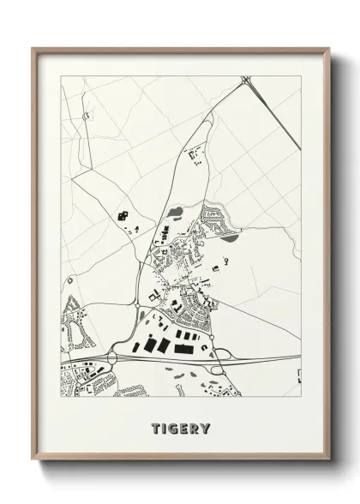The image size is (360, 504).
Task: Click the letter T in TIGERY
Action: point(155,426)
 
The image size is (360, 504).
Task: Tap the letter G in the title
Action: point(175,426)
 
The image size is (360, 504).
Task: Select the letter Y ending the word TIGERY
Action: point(207,426)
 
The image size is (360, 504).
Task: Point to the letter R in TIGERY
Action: point(195,426)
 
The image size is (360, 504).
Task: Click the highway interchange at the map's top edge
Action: point(247,81)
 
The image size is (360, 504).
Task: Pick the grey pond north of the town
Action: point(176,211)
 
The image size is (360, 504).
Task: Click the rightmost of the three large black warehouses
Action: point(182,349)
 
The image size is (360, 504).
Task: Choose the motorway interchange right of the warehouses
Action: point(221,358)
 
